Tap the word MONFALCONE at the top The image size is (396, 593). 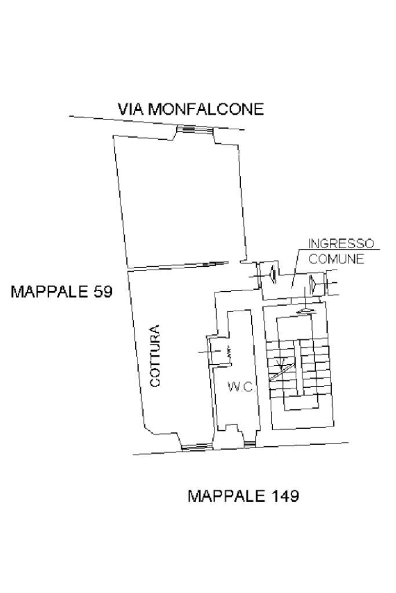point(206,108)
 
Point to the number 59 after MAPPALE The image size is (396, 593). point(100,291)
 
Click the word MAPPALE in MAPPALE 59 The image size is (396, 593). point(48,291)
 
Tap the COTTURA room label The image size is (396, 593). point(155,356)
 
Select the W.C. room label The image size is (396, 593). point(241,387)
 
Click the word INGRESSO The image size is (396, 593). point(340,243)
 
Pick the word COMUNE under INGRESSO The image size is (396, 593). point(336,259)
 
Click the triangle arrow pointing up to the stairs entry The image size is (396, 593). point(306,311)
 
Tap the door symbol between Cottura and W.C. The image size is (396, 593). point(217,351)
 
